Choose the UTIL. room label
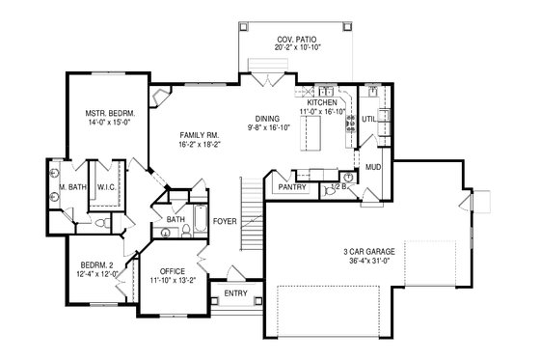pos(367,119)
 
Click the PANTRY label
pos(291,185)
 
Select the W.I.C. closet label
pos(107,187)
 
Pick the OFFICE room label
pos(174,271)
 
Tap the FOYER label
pos(225,219)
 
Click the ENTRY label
pos(235,292)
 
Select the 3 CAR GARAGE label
pos(373,254)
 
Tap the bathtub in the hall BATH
pos(200,223)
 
